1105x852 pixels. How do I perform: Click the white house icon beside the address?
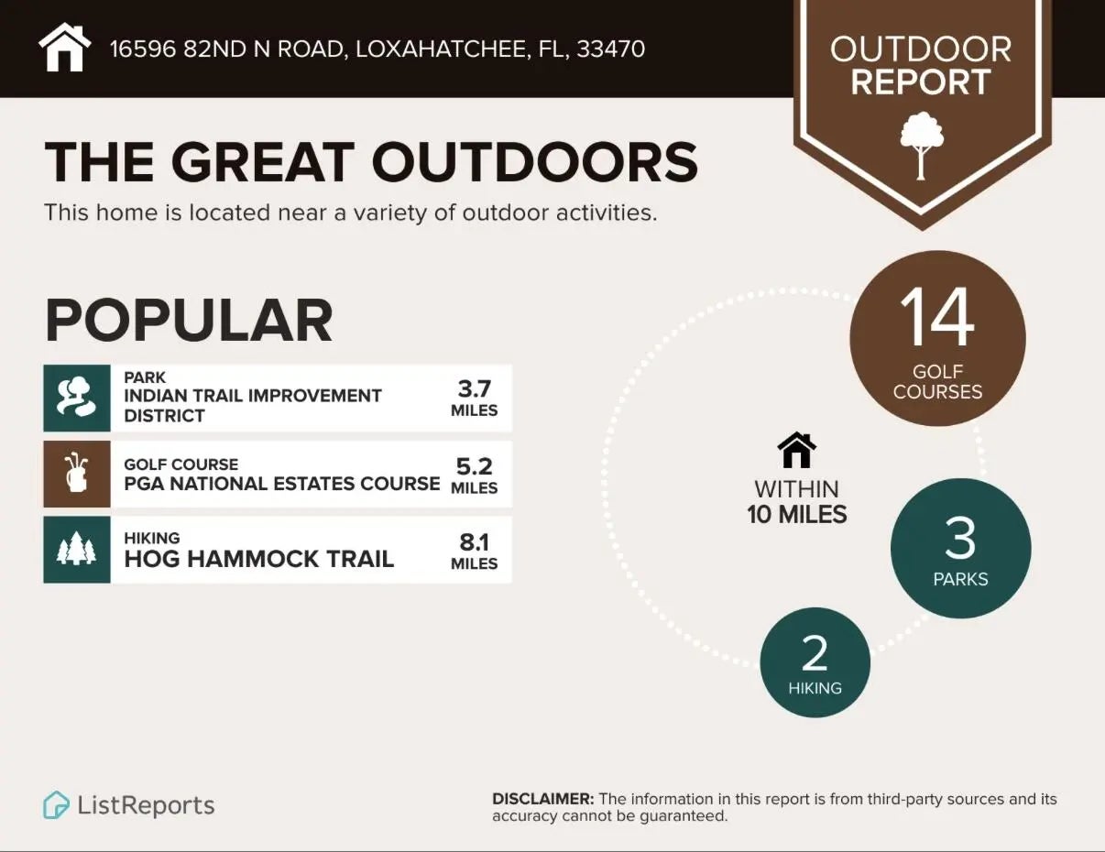click(x=65, y=48)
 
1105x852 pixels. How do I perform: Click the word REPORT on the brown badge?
click(x=921, y=82)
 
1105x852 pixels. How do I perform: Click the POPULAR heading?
click(x=188, y=320)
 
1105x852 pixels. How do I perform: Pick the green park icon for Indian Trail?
click(x=77, y=398)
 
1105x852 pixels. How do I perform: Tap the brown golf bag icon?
click(x=77, y=474)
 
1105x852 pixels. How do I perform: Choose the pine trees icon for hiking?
click(x=77, y=550)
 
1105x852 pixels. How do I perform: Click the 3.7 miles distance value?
click(x=475, y=398)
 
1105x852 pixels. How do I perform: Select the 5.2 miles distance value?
click(x=475, y=475)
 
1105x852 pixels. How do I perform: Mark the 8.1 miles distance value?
click(x=475, y=551)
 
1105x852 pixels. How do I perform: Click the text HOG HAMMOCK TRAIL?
click(x=259, y=559)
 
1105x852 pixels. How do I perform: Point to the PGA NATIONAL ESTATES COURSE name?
click(x=282, y=483)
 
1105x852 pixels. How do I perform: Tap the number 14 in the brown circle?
click(x=936, y=318)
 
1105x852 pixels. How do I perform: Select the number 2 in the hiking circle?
click(x=815, y=653)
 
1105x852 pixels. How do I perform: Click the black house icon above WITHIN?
click(x=796, y=451)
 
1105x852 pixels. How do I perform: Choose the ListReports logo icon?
click(x=57, y=805)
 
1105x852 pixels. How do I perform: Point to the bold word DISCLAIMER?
click(x=543, y=799)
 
